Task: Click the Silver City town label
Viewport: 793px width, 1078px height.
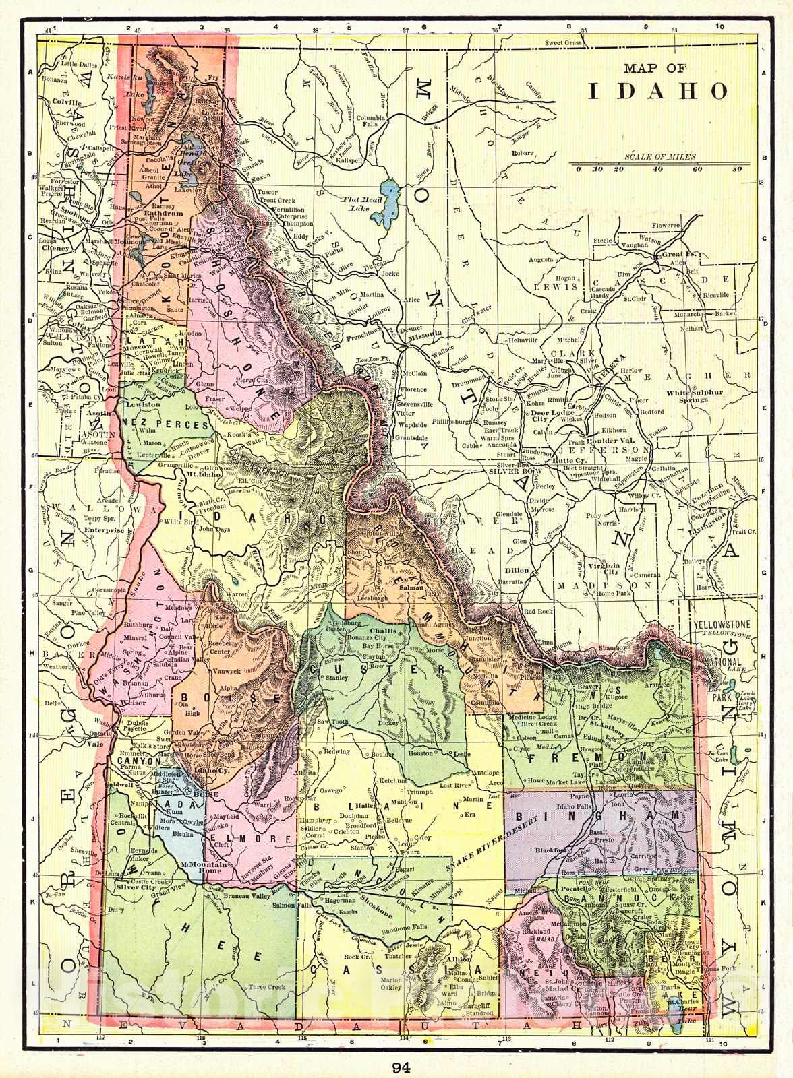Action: tap(136, 887)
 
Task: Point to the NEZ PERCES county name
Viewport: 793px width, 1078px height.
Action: tap(167, 425)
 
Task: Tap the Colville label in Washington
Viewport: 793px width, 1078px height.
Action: tap(66, 103)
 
